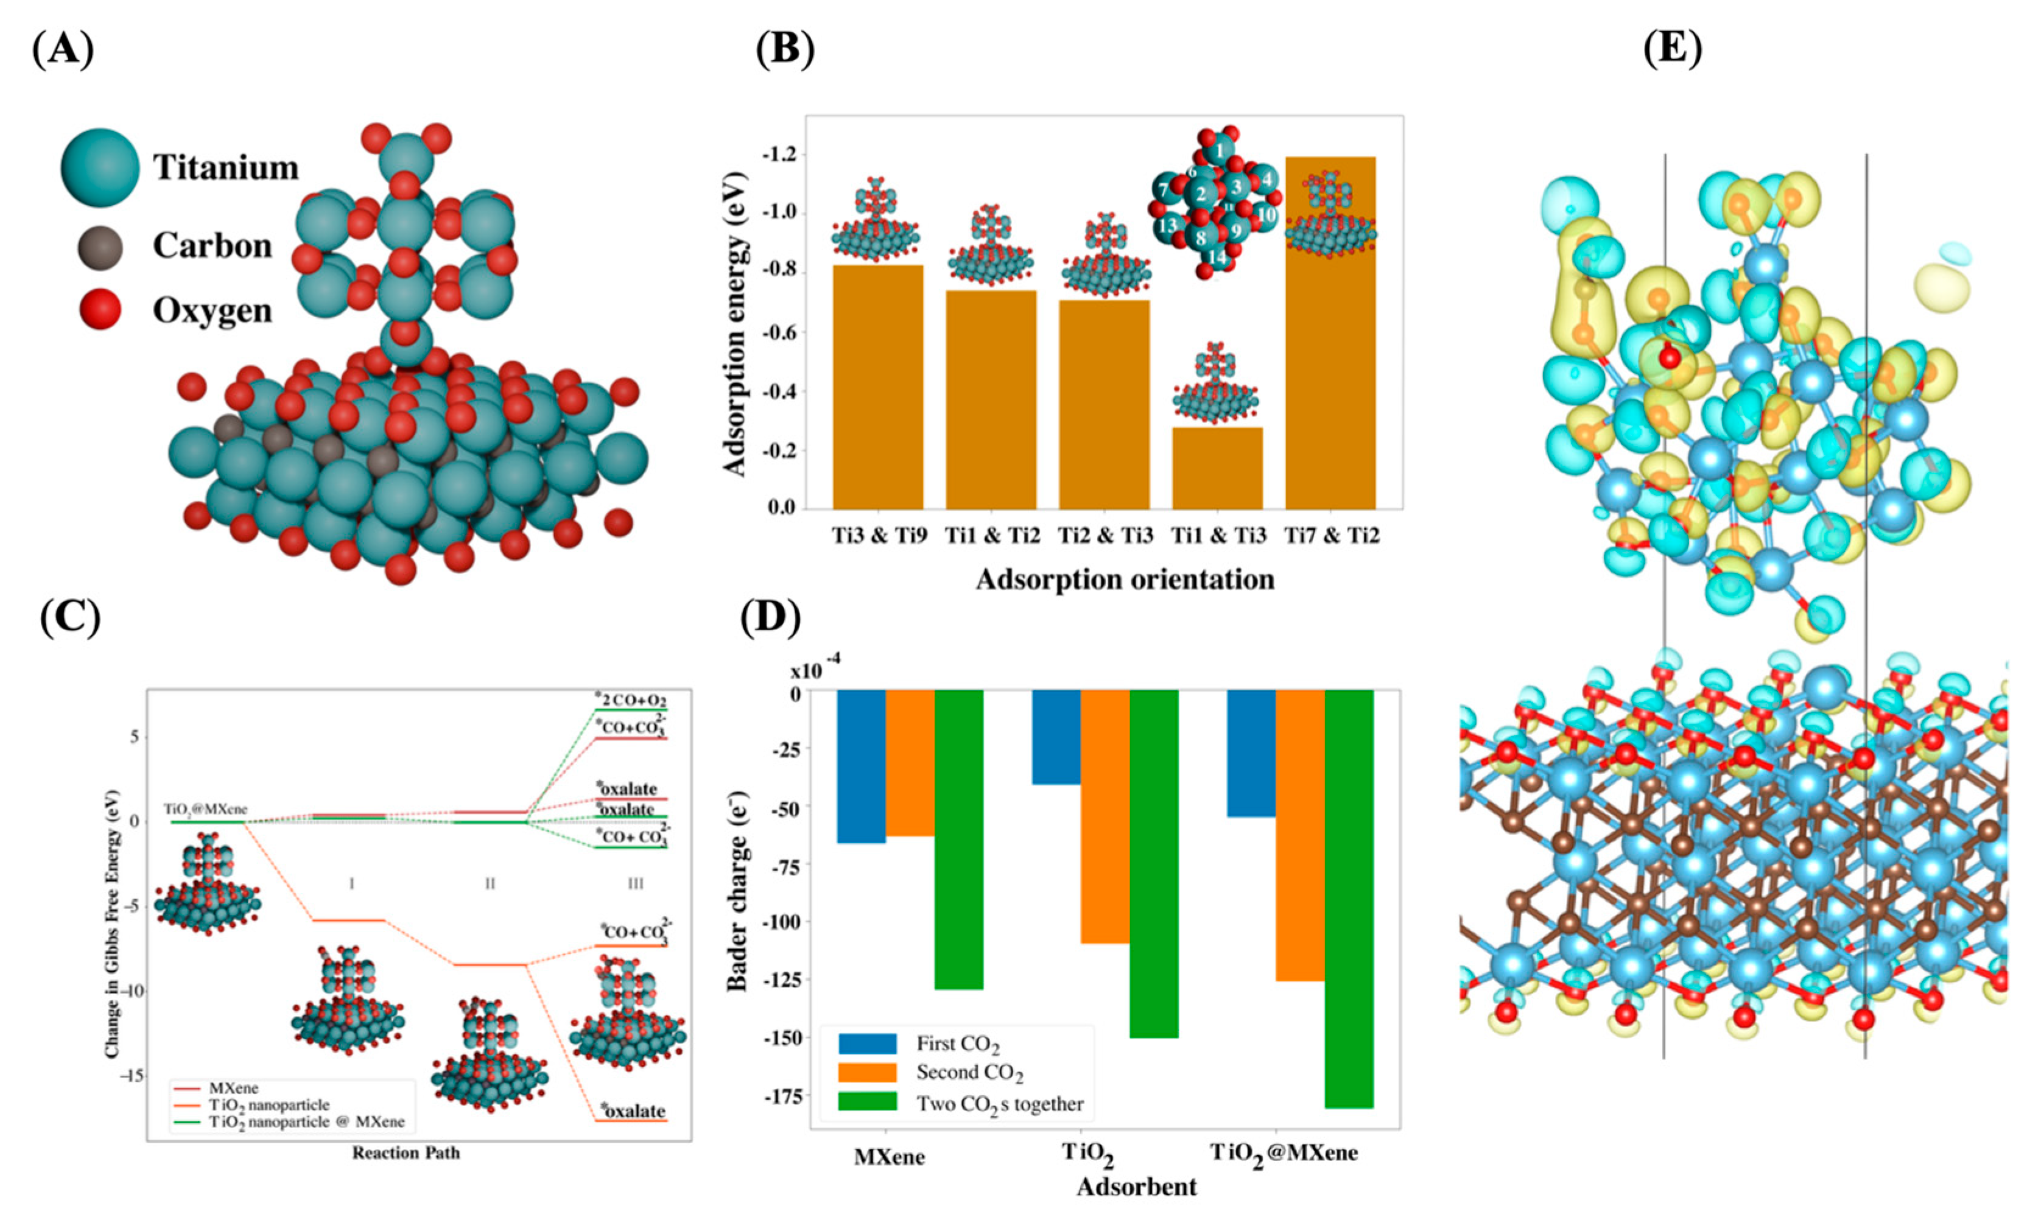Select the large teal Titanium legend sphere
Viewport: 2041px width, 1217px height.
pyautogui.click(x=99, y=167)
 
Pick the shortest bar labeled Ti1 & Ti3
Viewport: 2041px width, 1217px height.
pyautogui.click(x=1217, y=468)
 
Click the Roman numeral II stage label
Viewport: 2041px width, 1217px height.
pyautogui.click(x=490, y=884)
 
